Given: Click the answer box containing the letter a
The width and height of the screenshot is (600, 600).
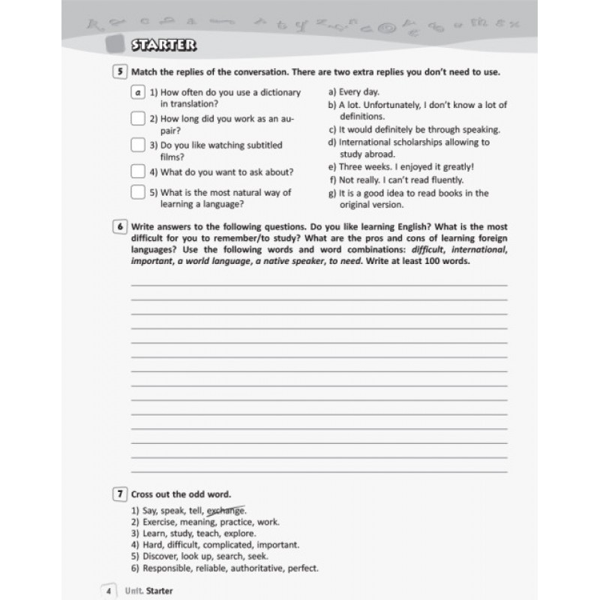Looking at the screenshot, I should (x=137, y=93).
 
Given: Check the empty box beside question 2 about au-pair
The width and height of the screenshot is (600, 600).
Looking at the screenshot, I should (x=137, y=118).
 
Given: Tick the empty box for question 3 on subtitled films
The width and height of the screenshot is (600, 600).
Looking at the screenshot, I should (x=137, y=144).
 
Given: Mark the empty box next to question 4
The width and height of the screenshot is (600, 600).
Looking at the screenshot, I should (x=137, y=171).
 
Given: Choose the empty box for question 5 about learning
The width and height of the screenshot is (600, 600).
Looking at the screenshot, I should (x=137, y=193).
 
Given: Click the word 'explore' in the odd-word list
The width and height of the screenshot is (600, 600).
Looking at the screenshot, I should (x=229, y=533).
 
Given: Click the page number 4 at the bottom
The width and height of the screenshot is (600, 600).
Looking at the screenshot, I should (x=109, y=591).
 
